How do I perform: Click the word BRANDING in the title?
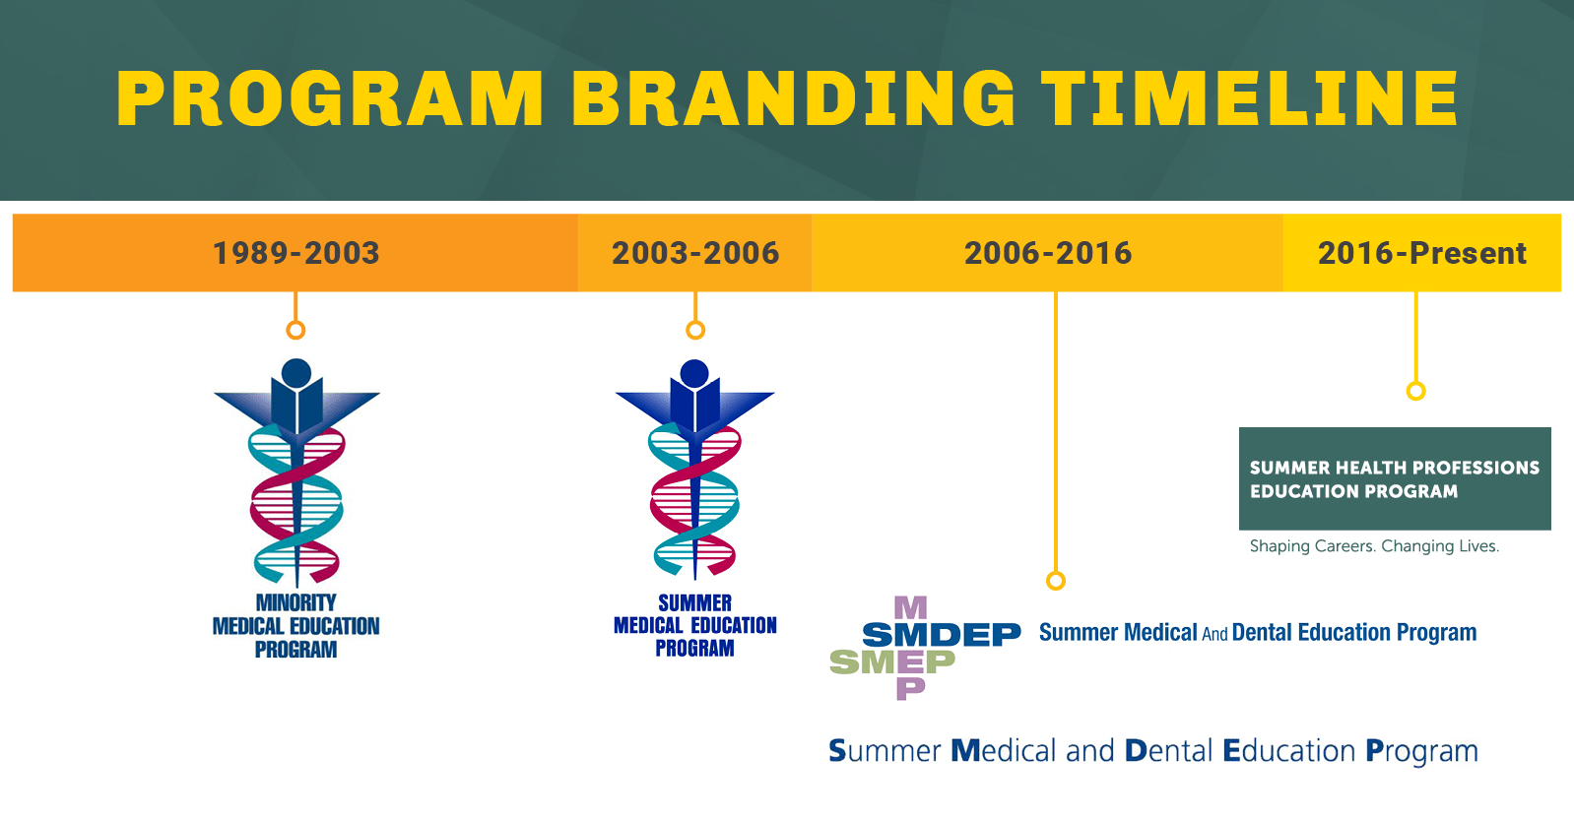coord(793,99)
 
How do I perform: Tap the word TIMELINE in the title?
coord(1250,99)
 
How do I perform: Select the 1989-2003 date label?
coord(295,253)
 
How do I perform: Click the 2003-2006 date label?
coord(695,253)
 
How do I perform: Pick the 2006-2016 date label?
coord(1048,253)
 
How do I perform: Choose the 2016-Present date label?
coord(1421,253)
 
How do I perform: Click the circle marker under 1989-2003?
coord(295,330)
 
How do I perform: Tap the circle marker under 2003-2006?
coord(695,330)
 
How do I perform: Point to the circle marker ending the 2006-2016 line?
coord(1056,581)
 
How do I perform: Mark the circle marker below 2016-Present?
coord(1415,391)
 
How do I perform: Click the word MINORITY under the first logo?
coord(295,602)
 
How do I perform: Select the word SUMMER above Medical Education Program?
coord(694,602)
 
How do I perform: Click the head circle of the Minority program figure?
coord(296,373)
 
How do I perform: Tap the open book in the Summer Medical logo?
coord(694,406)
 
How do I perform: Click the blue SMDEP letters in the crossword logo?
coord(941,635)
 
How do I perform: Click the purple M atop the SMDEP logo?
coord(910,607)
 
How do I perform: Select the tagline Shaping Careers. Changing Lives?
coord(1374,546)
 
